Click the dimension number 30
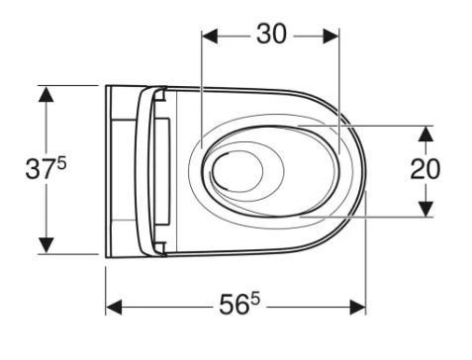(x=271, y=34)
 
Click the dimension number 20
(x=425, y=169)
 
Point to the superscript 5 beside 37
(x=61, y=163)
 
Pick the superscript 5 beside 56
(x=255, y=300)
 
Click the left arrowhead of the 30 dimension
(x=210, y=37)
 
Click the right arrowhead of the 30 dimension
(x=331, y=37)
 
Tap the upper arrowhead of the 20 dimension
(x=425, y=134)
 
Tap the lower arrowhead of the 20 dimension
(x=425, y=209)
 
